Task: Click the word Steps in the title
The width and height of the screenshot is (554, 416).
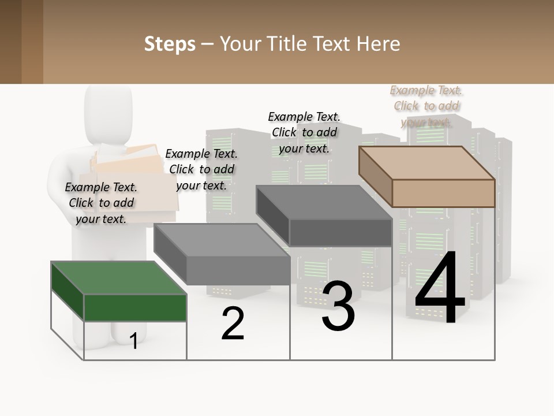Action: click(x=170, y=44)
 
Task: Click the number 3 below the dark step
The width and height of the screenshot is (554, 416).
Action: click(x=338, y=306)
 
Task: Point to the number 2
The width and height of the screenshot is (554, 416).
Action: click(x=233, y=324)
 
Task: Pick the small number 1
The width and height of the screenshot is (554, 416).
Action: click(x=134, y=341)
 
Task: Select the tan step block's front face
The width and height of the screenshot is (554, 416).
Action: click(x=443, y=193)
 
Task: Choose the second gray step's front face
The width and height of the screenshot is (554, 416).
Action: click(x=238, y=270)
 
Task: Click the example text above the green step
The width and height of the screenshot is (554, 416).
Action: click(x=101, y=203)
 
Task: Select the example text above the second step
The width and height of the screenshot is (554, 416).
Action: click(x=201, y=169)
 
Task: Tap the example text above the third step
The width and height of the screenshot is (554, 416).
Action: click(x=304, y=132)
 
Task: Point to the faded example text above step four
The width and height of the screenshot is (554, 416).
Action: click(x=426, y=106)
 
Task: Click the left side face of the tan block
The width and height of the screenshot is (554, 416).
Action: click(x=375, y=176)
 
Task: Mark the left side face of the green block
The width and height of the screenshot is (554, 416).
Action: click(x=68, y=292)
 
